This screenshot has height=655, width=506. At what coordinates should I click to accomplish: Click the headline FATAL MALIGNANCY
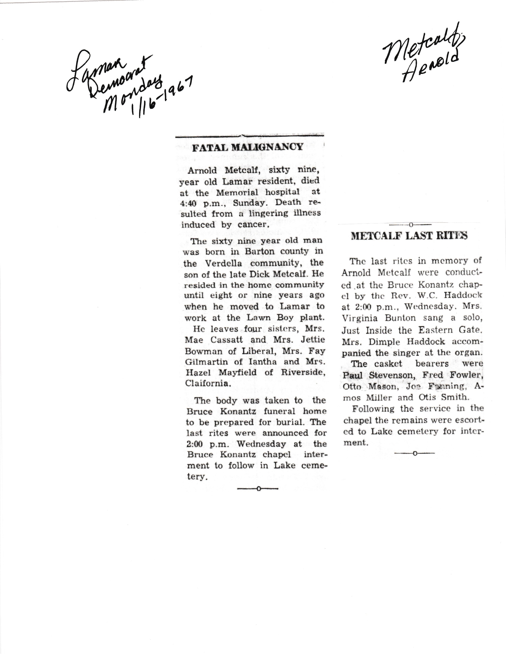(247, 147)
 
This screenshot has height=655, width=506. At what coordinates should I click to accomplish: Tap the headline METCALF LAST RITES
(409, 236)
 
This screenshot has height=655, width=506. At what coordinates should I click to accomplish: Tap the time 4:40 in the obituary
(188, 203)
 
